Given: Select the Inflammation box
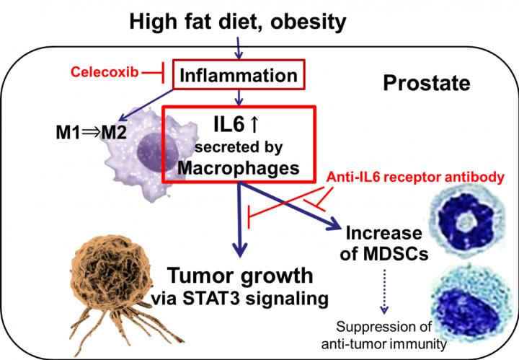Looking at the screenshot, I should click(237, 75).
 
